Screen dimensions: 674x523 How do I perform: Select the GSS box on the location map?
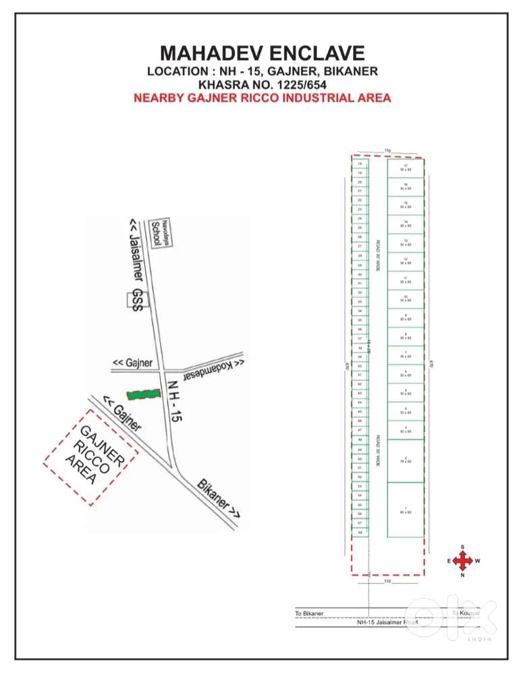[138, 299]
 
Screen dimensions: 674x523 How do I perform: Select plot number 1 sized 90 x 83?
[405, 510]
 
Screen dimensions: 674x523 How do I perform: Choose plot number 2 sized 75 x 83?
[405, 460]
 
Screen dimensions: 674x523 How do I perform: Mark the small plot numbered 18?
[360, 164]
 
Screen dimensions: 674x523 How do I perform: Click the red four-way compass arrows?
[462, 561]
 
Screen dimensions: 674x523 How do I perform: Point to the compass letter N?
[462, 575]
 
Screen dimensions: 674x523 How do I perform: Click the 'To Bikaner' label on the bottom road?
[310, 613]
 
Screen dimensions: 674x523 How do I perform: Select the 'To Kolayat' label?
[466, 613]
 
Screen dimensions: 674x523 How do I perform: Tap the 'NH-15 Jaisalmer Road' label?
[387, 623]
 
